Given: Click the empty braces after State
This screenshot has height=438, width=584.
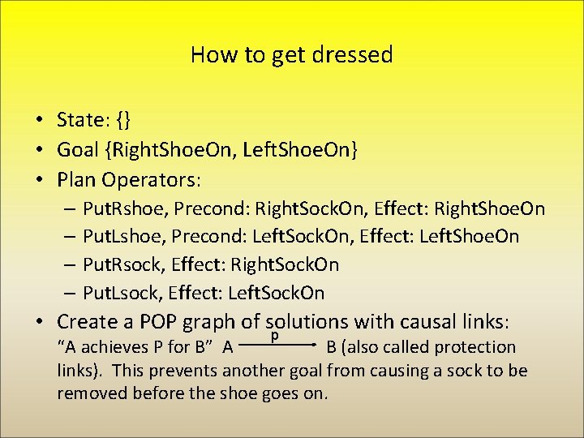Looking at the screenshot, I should (x=124, y=120).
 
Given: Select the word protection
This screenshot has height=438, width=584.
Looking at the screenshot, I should (x=474, y=347).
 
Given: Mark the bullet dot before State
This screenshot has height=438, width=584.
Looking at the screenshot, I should (x=39, y=121).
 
